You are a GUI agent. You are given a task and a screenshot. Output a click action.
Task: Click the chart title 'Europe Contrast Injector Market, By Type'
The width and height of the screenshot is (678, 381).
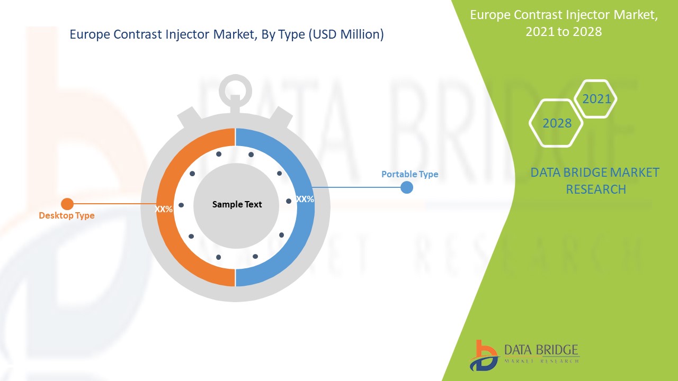[227, 35]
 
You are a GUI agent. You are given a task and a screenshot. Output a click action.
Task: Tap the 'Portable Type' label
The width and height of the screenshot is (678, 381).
[409, 174]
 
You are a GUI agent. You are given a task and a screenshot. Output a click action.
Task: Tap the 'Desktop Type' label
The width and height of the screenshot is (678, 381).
[67, 215]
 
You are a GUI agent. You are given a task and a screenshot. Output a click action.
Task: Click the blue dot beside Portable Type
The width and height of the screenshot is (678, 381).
[406, 187]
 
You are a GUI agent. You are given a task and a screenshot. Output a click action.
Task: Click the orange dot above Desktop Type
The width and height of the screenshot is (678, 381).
[67, 204]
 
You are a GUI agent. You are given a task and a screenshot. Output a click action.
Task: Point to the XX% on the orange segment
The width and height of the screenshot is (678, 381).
[164, 209]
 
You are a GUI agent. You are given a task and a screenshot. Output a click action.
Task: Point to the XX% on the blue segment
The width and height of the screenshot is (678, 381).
[305, 199]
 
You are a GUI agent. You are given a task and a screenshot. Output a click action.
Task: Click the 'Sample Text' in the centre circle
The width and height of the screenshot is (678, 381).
[237, 204]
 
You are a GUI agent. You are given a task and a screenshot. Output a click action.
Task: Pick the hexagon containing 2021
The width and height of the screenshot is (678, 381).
[596, 99]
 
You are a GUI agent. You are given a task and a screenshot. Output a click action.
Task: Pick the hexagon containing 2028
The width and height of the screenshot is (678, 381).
[556, 123]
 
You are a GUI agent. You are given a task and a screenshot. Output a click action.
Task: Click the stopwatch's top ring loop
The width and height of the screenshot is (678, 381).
[235, 89]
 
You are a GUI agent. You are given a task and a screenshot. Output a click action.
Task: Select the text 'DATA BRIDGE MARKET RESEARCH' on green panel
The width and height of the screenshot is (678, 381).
[595, 180]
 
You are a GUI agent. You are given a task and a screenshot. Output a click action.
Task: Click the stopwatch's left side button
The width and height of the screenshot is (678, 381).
[188, 117]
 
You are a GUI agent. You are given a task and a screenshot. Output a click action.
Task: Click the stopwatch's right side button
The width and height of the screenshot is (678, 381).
[283, 117]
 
